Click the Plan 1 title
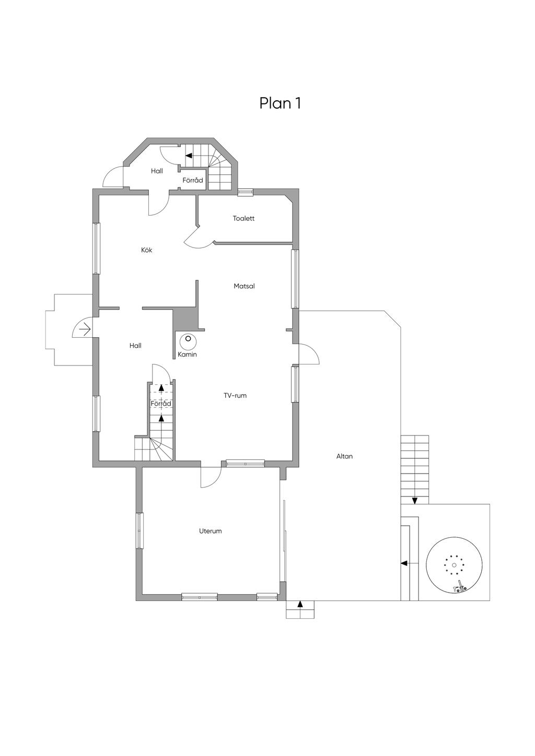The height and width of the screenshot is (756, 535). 280,103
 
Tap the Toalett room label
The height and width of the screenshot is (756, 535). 243,218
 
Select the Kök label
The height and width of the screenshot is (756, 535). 147,250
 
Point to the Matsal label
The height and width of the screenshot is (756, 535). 244,286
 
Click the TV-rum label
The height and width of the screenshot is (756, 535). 235,396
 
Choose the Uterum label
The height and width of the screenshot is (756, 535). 211,531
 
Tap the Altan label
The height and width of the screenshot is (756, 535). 344,456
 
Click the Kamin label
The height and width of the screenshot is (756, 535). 187,355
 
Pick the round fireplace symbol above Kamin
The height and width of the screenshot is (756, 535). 188,342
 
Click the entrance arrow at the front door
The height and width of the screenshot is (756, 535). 85,328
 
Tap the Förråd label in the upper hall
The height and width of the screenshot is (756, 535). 193,180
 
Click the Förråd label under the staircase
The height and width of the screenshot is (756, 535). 161,404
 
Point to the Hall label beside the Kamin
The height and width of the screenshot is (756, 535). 135,346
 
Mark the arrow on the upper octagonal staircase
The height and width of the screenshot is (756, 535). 189,156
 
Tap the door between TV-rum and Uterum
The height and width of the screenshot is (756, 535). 211,477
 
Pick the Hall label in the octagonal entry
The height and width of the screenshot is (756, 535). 157,171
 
